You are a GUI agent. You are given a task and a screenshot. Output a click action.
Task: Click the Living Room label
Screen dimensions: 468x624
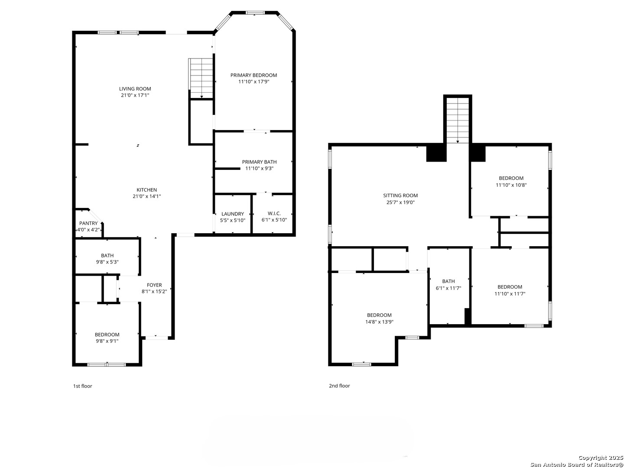pyautogui.click(x=135, y=89)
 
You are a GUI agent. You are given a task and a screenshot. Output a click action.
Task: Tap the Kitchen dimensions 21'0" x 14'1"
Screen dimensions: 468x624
pyautogui.click(x=147, y=196)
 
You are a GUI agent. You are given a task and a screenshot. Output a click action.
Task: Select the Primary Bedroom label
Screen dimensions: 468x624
pyautogui.click(x=253, y=75)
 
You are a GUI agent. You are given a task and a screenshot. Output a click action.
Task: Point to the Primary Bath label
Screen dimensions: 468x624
pyautogui.click(x=259, y=162)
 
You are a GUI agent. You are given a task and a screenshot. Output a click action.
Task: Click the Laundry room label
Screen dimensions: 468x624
pyautogui.click(x=233, y=214)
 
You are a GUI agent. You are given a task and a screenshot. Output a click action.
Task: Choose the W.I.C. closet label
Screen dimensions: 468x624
pyautogui.click(x=274, y=214)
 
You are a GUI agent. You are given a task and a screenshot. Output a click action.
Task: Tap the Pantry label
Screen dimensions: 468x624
pyautogui.click(x=88, y=223)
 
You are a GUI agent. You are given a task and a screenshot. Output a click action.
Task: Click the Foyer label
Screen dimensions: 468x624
pyautogui.click(x=154, y=285)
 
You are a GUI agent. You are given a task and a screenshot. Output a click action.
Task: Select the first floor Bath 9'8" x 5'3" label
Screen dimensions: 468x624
pyautogui.click(x=107, y=259)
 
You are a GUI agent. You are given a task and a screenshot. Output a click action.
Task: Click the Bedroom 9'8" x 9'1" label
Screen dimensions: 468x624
pyautogui.click(x=107, y=338)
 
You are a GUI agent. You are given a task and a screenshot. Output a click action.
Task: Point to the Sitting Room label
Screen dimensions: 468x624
pyautogui.click(x=400, y=195)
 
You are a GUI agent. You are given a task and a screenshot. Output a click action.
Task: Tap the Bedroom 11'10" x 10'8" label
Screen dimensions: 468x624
pyautogui.click(x=511, y=181)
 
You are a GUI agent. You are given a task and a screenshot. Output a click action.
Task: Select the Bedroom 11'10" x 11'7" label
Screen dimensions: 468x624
pyautogui.click(x=510, y=290)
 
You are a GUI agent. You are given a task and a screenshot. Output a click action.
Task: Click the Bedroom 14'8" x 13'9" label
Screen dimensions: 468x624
pyautogui.click(x=379, y=318)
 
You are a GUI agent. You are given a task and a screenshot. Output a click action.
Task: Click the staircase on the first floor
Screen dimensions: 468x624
pyautogui.click(x=201, y=78)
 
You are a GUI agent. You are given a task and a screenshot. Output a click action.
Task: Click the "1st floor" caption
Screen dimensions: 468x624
pyautogui.click(x=82, y=386)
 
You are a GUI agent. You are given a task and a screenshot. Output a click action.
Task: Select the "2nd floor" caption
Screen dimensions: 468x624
pyautogui.click(x=339, y=386)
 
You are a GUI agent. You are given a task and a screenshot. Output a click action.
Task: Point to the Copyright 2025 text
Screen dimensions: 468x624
pyautogui.click(x=601, y=458)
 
